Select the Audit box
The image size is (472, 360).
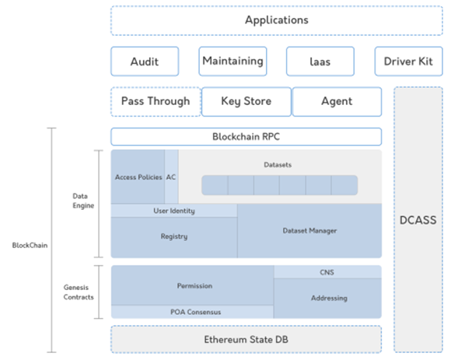pos(145,61)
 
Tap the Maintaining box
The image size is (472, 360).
pos(233,61)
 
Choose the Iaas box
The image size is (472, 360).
pos(320,61)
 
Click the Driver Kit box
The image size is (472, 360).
pos(408,61)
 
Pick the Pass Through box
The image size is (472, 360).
pos(156,101)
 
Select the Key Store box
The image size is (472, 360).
pos(246,101)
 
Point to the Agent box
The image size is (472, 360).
pos(337,101)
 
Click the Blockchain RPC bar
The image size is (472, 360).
pos(246,137)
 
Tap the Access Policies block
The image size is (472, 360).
pos(138,177)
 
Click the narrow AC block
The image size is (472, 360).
pos(171,177)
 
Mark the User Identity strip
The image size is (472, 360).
pos(173,211)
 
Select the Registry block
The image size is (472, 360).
pos(173,236)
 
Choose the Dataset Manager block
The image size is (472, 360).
pos(309,230)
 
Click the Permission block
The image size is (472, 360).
pos(192,285)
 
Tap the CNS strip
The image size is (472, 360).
pos(327,272)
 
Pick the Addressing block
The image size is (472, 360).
pos(327,298)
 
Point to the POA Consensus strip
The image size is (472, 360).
pos(192,312)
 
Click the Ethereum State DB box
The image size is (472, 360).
pos(246,339)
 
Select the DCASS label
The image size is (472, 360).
pos(418,220)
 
